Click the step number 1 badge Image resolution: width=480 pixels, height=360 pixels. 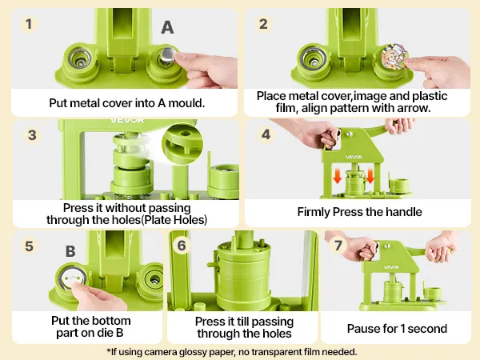29,24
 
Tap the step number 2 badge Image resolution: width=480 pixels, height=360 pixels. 263,24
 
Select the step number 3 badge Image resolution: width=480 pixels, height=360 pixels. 32,135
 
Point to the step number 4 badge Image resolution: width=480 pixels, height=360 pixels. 266,134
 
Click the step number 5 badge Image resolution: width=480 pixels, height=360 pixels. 29,246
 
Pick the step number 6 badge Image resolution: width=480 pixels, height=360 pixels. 182,246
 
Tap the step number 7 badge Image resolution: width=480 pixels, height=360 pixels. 338,246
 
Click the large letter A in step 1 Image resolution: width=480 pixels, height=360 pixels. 167,27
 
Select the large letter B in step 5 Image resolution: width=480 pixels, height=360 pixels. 70,251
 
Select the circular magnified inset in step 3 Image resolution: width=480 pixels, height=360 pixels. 182,144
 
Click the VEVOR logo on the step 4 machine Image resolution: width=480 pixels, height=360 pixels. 354,157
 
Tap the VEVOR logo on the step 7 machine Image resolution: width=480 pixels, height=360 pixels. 391,267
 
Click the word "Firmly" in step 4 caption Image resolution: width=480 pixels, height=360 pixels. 314,212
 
